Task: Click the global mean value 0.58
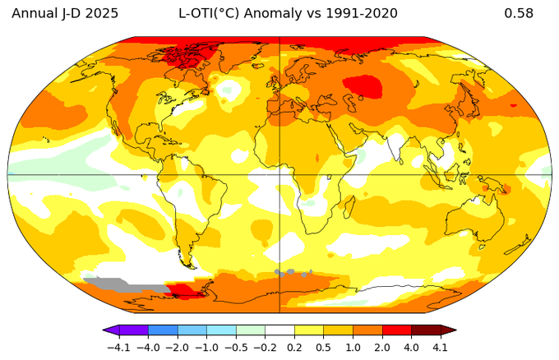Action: [x=519, y=13]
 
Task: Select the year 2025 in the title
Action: [x=100, y=13]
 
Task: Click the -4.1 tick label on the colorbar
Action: [x=120, y=347]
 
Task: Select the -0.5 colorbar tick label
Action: [x=237, y=347]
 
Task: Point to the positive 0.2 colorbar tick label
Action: [x=296, y=347]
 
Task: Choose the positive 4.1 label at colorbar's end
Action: [x=441, y=347]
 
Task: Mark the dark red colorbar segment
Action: [x=426, y=331]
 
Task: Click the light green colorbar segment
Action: [x=251, y=331]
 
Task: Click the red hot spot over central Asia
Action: [x=363, y=85]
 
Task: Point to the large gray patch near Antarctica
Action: [x=115, y=284]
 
